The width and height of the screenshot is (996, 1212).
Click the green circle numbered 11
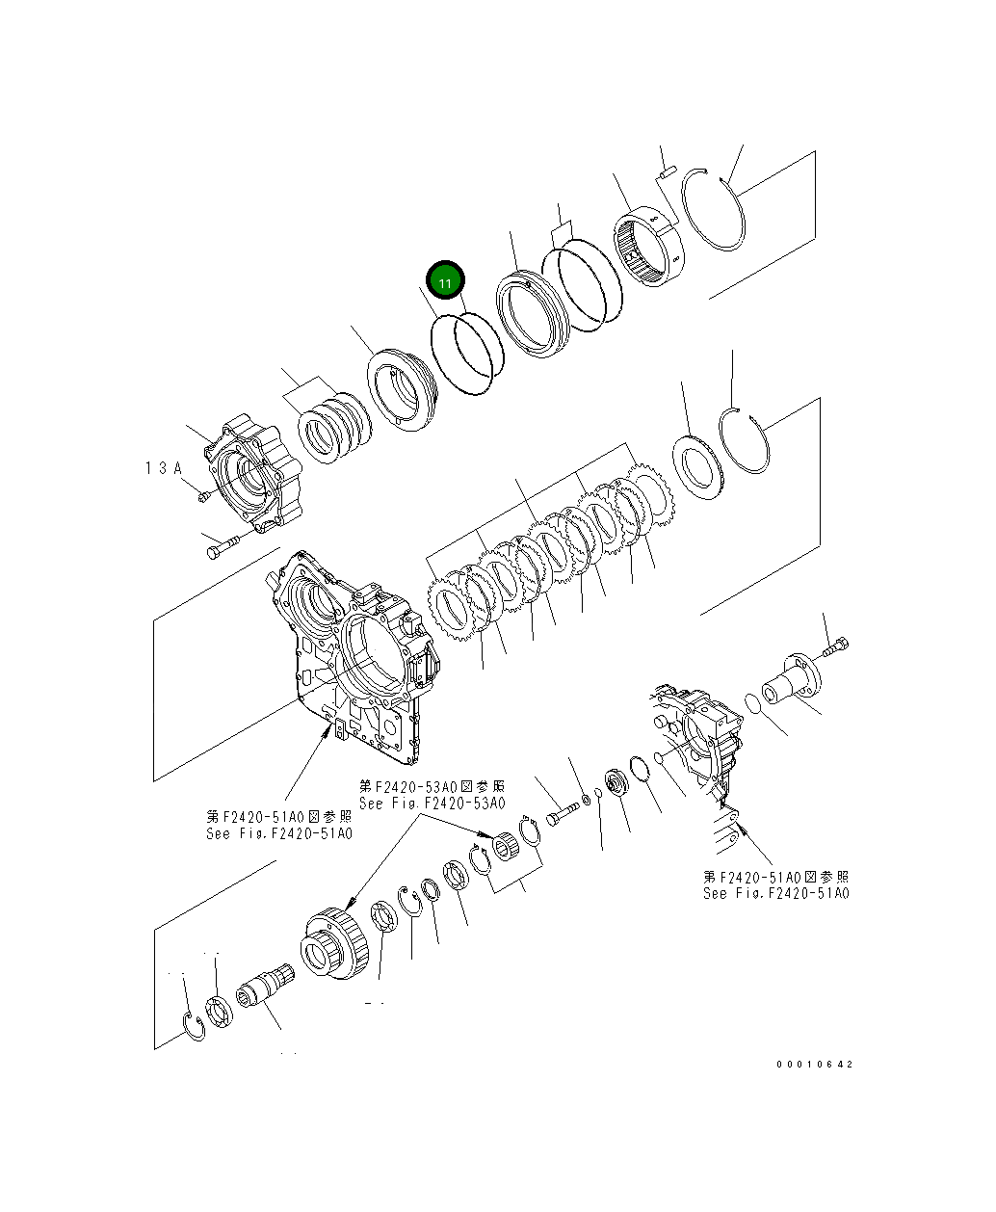point(446,281)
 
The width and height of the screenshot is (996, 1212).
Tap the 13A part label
point(164,468)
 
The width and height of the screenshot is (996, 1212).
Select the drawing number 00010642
point(815,1065)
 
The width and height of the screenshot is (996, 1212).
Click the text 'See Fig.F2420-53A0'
point(432,803)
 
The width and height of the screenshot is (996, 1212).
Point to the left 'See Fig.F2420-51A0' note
point(279,833)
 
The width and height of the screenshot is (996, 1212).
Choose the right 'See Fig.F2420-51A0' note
point(776,893)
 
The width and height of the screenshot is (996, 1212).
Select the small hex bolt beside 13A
point(204,496)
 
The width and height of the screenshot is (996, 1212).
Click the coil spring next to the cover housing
point(331,427)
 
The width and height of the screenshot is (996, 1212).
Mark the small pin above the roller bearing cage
point(665,173)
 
